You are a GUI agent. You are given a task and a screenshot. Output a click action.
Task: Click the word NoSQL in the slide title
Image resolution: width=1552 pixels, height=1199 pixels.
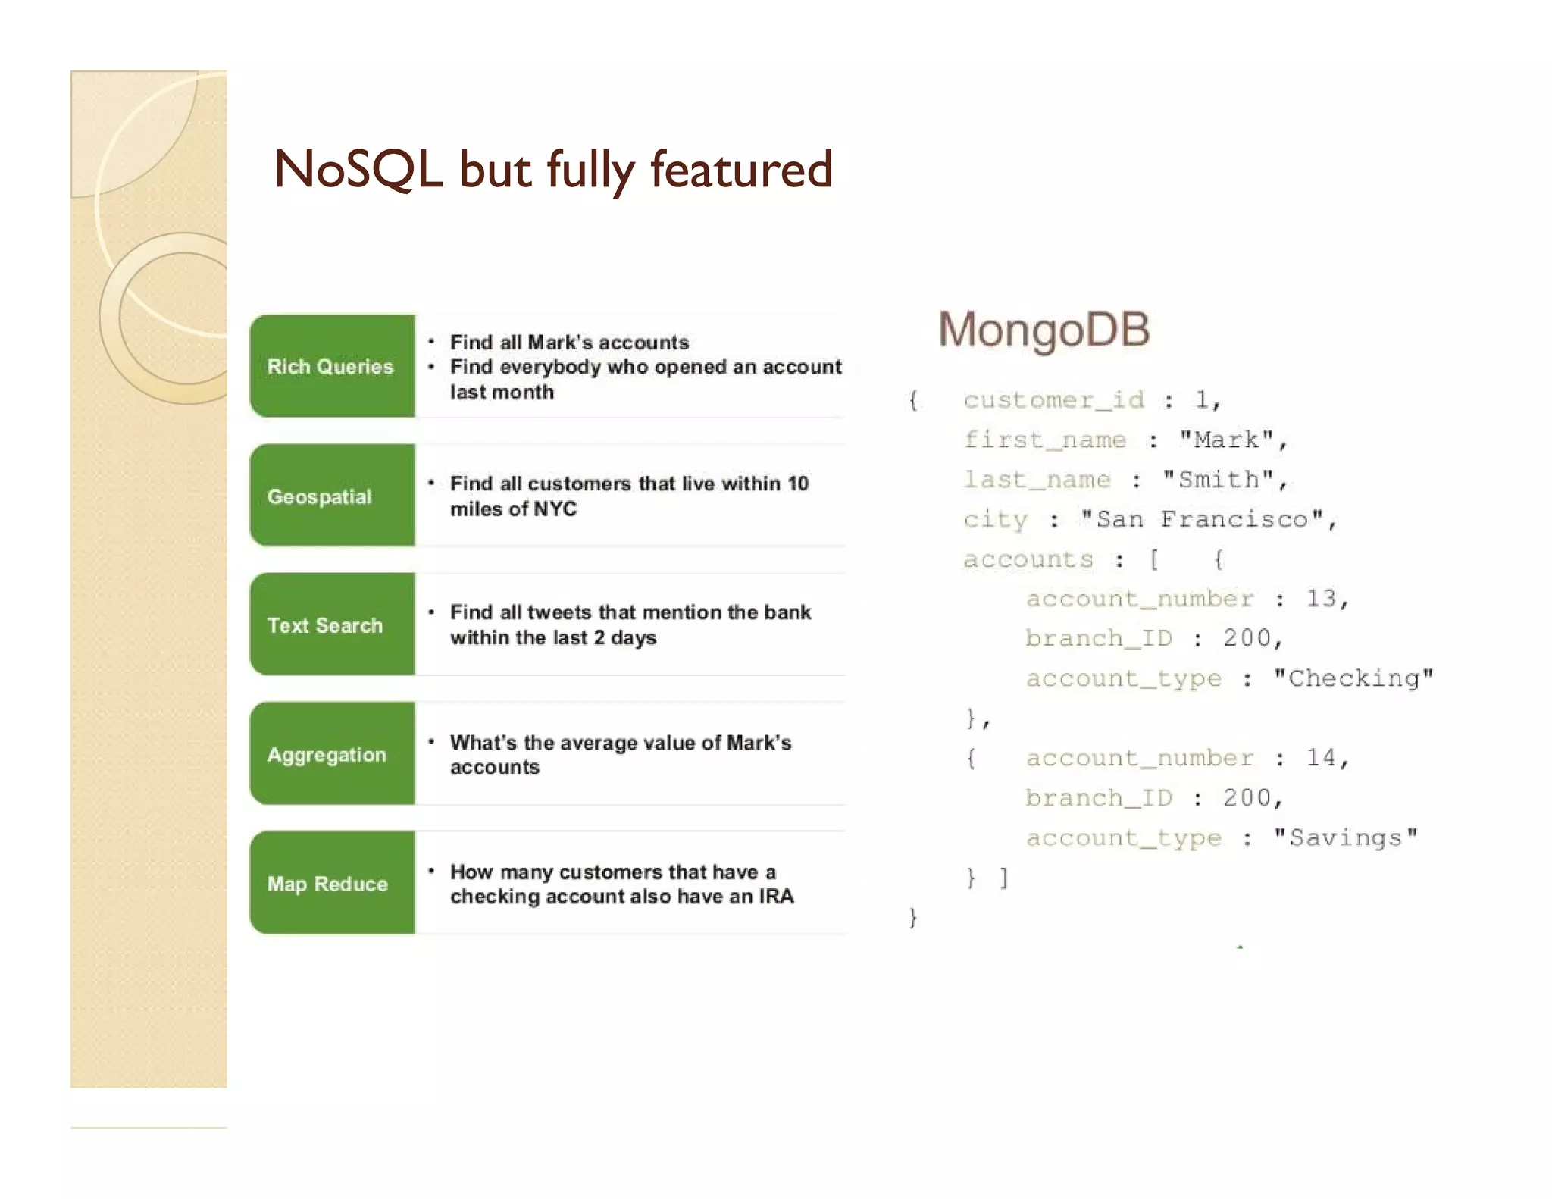pos(358,169)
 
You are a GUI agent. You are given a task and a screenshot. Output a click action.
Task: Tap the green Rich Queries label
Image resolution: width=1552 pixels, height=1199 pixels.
pos(330,367)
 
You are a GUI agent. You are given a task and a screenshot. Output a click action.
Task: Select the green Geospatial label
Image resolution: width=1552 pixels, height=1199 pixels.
pos(320,496)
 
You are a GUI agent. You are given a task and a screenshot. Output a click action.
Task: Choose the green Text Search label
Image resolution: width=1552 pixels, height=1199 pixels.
pos(325,625)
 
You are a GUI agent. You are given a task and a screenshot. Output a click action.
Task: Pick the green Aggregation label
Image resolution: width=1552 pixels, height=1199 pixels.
pos(327,755)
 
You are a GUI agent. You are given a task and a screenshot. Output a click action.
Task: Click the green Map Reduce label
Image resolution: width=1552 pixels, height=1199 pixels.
pos(327,884)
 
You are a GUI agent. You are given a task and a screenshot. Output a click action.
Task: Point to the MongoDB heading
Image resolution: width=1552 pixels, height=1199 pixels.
pos(1044,330)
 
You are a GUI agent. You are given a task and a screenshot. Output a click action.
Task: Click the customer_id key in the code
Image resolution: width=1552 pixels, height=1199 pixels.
pos(1053,400)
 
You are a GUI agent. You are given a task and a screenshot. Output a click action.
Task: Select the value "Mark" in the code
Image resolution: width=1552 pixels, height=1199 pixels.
pos(1226,440)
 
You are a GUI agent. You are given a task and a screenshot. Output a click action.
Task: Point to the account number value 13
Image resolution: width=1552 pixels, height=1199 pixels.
pos(1321,599)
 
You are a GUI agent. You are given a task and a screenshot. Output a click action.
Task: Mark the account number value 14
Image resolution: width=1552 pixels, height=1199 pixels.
pos(1321,758)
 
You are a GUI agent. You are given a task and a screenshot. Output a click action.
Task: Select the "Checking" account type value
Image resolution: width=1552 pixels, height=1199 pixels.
pos(1353,678)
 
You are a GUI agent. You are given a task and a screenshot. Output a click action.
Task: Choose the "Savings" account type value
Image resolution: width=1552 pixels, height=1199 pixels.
pos(1345,837)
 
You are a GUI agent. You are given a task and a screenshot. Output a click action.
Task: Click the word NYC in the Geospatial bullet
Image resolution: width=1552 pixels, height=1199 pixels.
pos(555,509)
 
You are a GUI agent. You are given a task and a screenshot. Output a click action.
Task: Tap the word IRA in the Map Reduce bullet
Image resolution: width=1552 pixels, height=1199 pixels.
pos(776,897)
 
